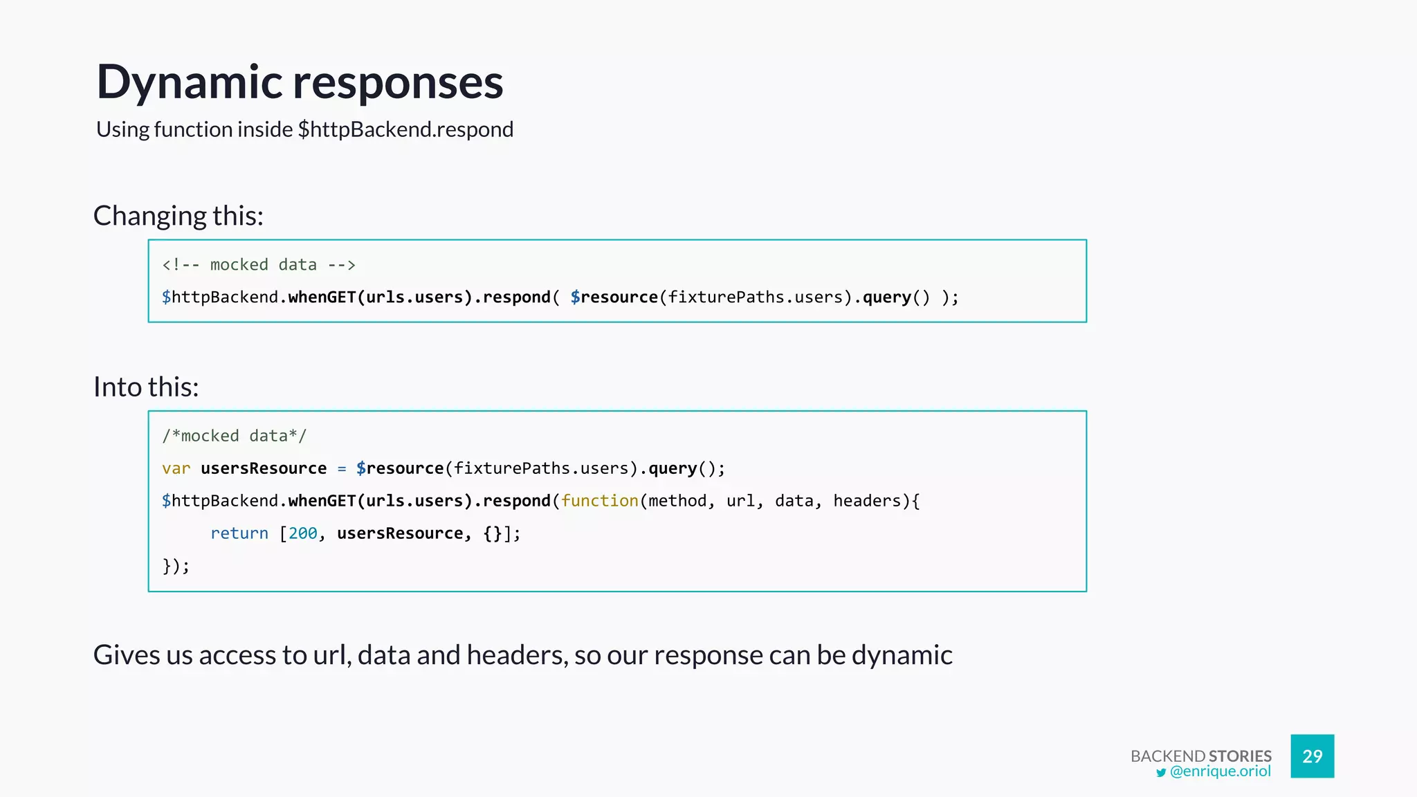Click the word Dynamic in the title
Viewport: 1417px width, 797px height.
click(189, 83)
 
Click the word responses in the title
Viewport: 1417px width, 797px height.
click(398, 83)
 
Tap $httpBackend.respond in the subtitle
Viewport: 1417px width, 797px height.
click(405, 129)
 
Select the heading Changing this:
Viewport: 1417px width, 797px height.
click(179, 216)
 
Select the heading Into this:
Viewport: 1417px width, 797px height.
click(146, 387)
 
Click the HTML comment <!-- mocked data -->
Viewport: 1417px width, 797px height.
click(259, 265)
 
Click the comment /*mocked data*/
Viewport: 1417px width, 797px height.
click(234, 436)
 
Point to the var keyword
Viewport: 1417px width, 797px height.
click(176, 468)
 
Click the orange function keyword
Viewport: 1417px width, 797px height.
click(599, 501)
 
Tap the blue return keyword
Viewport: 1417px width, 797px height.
click(239, 533)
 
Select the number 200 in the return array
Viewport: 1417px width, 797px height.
click(302, 533)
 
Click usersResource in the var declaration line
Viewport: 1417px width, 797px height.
click(263, 468)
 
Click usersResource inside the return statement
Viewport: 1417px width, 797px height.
click(400, 533)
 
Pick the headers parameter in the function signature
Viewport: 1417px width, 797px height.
click(866, 501)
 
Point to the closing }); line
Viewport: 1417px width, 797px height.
click(176, 566)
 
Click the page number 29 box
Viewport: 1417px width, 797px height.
click(1312, 756)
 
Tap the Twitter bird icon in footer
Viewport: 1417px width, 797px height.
click(1161, 773)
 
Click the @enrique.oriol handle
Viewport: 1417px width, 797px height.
click(1220, 771)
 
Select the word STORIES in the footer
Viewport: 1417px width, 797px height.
click(1240, 755)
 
